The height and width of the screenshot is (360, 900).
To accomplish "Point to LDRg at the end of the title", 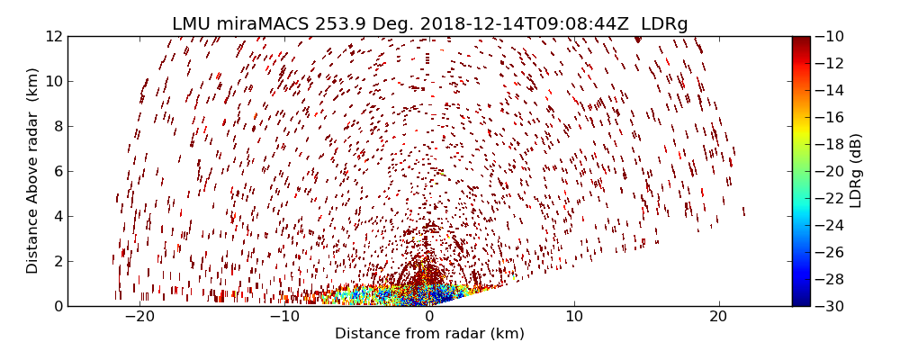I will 664,24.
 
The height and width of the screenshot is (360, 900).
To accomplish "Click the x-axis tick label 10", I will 574,317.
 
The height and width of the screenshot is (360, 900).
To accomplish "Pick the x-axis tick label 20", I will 718,317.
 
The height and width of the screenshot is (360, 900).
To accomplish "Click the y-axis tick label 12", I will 52,37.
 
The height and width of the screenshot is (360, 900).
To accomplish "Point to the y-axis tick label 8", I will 56,127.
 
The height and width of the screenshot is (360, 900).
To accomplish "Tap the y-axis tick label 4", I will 56,217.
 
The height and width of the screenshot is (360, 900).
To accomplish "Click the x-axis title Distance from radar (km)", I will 429,334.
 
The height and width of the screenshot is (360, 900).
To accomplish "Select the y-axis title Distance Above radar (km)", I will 33,170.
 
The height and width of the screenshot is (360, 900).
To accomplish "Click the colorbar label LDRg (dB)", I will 856,170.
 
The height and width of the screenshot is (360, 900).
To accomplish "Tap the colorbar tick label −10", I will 833,37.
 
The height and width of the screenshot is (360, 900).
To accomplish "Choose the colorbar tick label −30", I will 833,306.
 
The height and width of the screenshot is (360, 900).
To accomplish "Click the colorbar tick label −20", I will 833,171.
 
